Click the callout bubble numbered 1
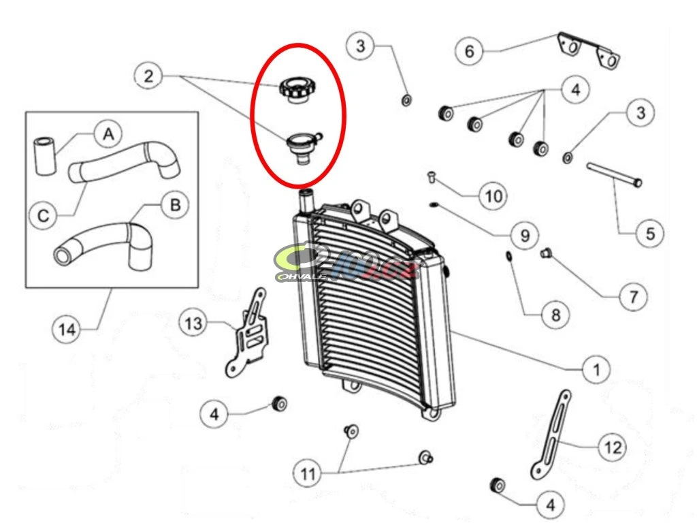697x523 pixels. [596, 370]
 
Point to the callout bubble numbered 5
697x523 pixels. [650, 234]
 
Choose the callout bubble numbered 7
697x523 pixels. [634, 297]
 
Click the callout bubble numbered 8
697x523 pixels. [555, 315]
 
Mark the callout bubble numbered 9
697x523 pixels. [524, 236]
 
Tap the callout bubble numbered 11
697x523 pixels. [309, 474]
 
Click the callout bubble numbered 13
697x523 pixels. [194, 323]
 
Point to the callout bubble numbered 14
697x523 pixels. [67, 329]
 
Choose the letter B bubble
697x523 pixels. [175, 206]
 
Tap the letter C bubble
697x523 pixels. [43, 216]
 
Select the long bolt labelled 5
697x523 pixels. [613, 174]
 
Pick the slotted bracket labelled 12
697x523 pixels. [551, 436]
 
